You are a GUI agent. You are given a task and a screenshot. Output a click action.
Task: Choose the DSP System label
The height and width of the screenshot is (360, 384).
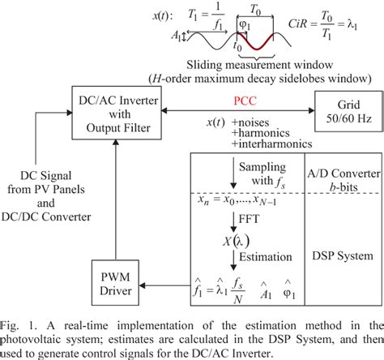[341, 255]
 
